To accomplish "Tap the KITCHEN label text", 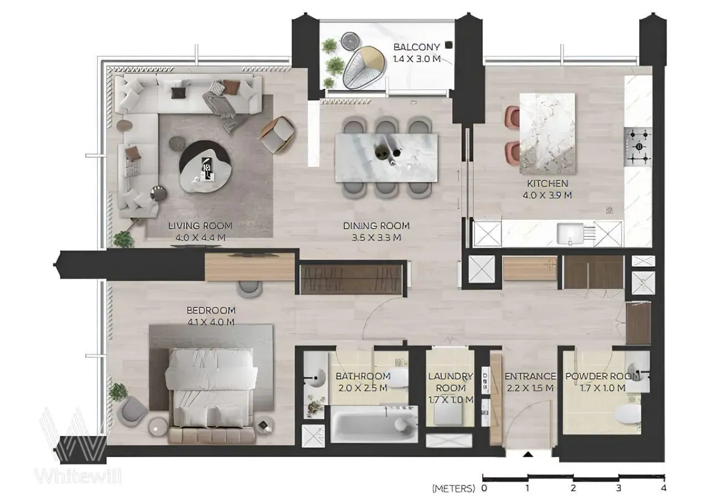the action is (548, 184).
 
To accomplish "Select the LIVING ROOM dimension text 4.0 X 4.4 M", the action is (200, 237).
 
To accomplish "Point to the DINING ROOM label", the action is (376, 226).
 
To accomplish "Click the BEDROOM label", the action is (211, 310).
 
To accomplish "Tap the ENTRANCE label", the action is (530, 376).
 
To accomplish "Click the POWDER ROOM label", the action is (602, 376).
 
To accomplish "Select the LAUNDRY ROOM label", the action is (451, 382).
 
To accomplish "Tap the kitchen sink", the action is (570, 234).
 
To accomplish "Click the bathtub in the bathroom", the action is (374, 424).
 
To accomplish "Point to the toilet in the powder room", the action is (627, 416).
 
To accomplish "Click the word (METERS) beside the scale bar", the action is (454, 488).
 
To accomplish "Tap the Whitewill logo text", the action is (78, 477).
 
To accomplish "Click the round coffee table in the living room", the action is (205, 166).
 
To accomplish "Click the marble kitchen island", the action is (548, 134).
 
